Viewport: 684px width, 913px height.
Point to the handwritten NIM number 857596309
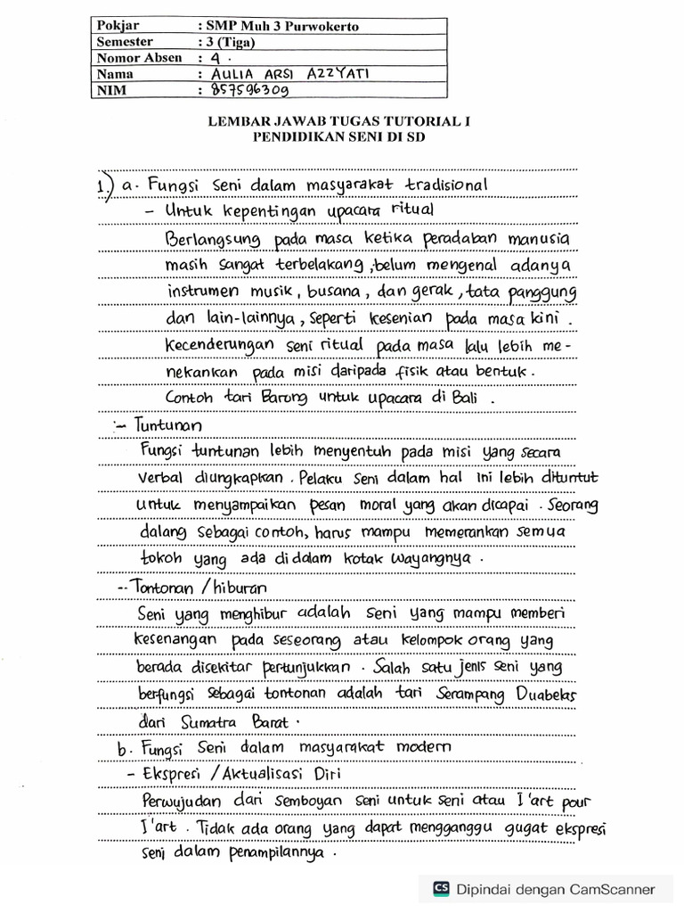(x=246, y=89)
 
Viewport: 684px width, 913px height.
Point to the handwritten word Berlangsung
(x=213, y=241)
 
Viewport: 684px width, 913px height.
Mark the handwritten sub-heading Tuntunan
(x=169, y=426)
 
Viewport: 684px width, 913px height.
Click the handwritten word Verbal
(x=161, y=479)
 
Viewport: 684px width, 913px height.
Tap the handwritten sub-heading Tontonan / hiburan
(x=201, y=588)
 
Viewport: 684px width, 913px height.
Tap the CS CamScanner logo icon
(x=440, y=888)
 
